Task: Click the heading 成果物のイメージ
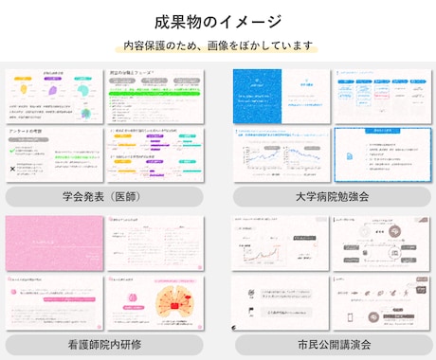point(218,21)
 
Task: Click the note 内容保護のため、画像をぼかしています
point(218,45)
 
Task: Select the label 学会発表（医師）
point(103,197)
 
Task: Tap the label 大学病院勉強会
point(332,197)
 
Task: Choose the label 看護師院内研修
point(103,344)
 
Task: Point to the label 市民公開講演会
point(332,344)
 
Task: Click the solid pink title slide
point(53,243)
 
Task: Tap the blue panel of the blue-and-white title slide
point(258,95)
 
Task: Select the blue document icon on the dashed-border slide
point(348,154)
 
